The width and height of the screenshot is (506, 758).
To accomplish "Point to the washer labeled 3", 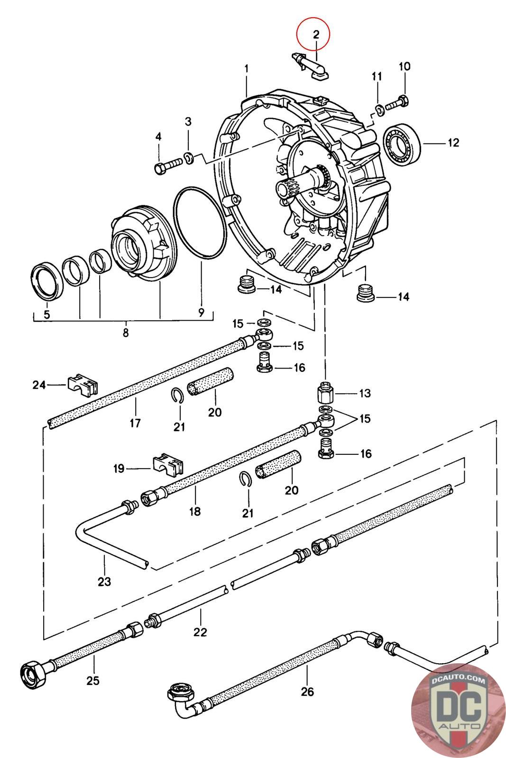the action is (x=189, y=157).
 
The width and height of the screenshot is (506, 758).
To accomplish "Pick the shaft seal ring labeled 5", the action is (x=47, y=280).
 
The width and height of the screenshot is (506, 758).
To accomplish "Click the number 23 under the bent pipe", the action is (x=104, y=581).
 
